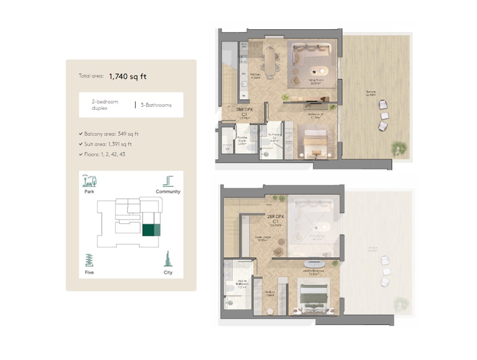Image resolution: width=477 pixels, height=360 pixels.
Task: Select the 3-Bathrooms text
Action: pos(156,105)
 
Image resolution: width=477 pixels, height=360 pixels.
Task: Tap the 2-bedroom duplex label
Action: pos(104,105)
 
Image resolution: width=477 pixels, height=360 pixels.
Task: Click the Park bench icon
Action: pos(90,181)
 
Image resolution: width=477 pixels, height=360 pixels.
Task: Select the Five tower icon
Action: pos(89,261)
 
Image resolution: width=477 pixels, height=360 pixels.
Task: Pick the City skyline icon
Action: pos(167,259)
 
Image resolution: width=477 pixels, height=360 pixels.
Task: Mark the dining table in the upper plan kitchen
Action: pos(270,61)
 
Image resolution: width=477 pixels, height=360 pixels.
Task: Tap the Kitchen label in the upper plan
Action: pos(255,75)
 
